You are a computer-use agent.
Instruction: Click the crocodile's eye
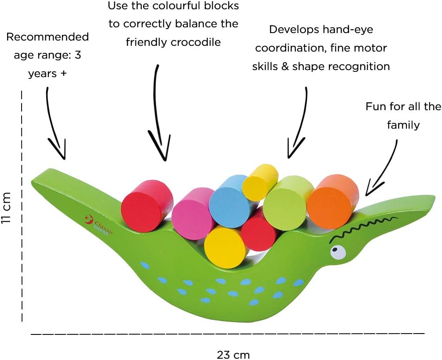click(338, 252)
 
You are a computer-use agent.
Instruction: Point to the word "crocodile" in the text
click(198, 42)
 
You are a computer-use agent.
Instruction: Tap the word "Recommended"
click(48, 37)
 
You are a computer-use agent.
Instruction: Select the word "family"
click(403, 125)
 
